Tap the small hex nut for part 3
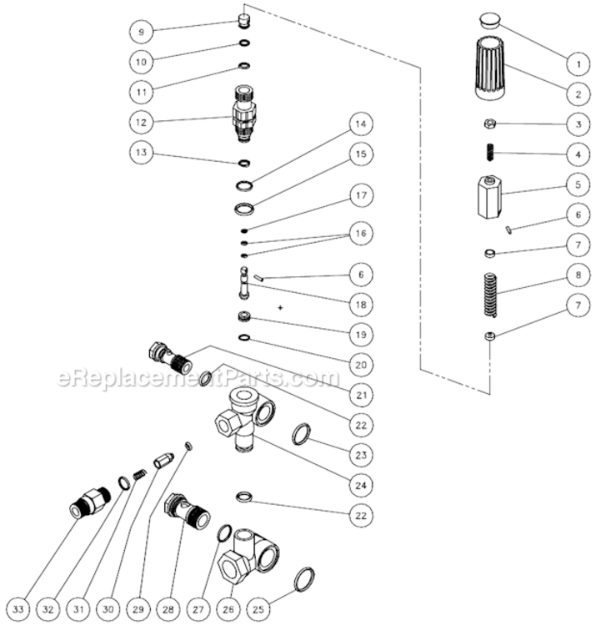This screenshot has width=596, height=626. coord(490,124)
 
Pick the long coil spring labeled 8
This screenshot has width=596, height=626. coord(491,294)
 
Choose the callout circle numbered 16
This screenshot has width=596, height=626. coord(359,236)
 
